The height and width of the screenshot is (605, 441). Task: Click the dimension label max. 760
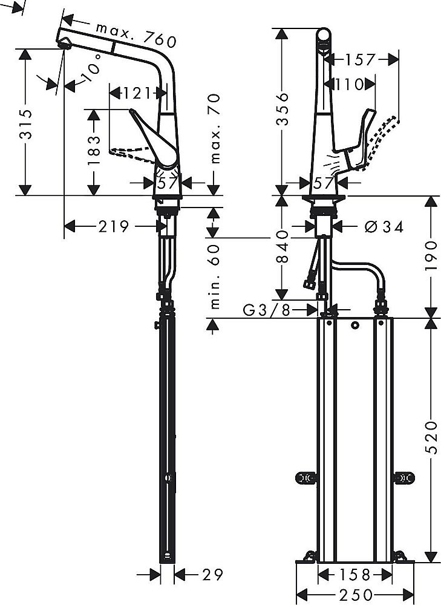(x=136, y=34)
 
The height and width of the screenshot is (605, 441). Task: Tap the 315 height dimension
(x=25, y=123)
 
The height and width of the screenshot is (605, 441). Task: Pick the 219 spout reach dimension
(x=114, y=226)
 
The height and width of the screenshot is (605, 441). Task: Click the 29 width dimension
(x=209, y=573)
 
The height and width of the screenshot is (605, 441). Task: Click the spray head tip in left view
(x=63, y=44)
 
